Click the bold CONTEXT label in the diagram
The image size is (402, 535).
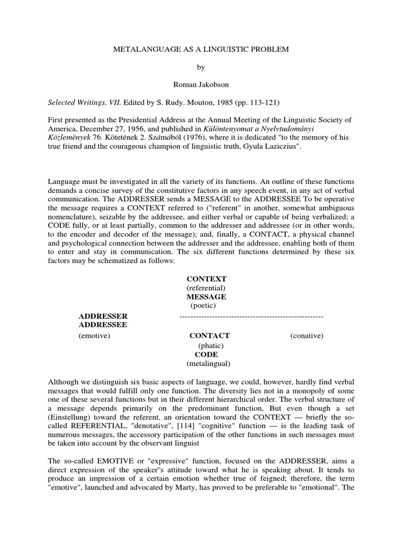[x=206, y=280]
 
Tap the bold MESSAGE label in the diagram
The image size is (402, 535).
[x=206, y=296]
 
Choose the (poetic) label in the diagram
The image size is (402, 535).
[x=203, y=305]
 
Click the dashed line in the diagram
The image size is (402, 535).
[x=251, y=317]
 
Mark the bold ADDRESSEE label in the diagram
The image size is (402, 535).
[x=103, y=324]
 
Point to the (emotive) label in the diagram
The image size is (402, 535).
[x=94, y=336]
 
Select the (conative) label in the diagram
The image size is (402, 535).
[x=307, y=336]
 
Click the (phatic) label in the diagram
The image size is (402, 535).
[x=210, y=345]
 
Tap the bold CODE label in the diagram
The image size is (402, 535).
[x=206, y=354]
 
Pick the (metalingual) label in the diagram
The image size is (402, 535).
[x=208, y=363]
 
